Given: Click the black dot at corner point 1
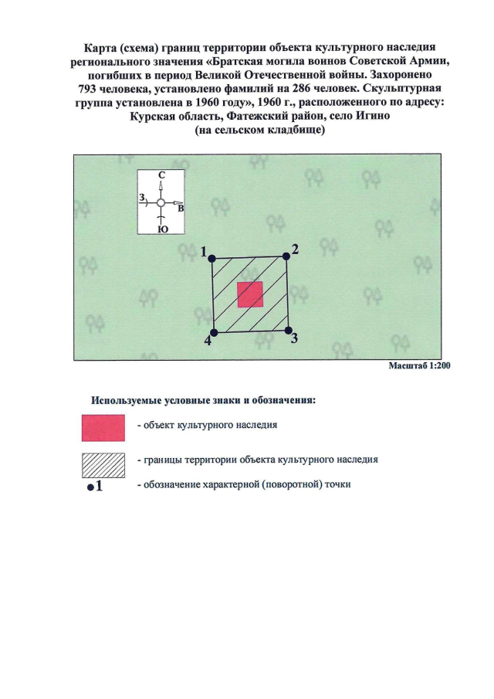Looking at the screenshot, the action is (212, 259).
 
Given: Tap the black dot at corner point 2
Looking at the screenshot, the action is (286, 256).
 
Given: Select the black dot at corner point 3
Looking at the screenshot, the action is (288, 331).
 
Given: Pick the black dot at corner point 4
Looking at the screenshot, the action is (214, 333).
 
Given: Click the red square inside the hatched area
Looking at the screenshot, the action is (250, 295).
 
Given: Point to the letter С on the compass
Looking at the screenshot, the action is (162, 175).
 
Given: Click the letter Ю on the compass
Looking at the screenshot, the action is (163, 229).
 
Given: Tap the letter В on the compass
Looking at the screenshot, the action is (181, 209).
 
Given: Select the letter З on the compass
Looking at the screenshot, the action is (142, 197).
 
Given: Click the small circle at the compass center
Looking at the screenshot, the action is (161, 203).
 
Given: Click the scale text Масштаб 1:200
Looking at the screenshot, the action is (419, 365).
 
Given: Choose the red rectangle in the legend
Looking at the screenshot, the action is (103, 428).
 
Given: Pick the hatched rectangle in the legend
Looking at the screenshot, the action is (103, 466).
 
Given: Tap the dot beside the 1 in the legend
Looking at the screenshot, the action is (90, 487).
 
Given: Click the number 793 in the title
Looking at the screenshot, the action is (87, 89).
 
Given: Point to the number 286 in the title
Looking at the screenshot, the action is (301, 88).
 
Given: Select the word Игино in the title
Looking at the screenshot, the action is (372, 116).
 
